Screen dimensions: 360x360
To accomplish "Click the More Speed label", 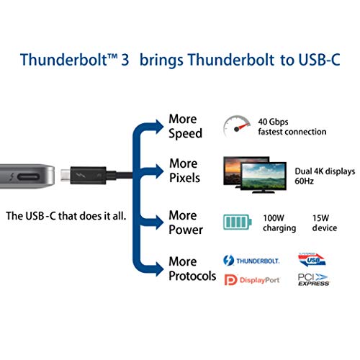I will point(185,126).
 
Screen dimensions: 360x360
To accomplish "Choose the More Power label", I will point(185,222).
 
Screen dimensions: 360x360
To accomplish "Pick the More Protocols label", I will point(192,269).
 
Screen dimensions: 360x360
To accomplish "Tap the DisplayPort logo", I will point(253,279).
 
